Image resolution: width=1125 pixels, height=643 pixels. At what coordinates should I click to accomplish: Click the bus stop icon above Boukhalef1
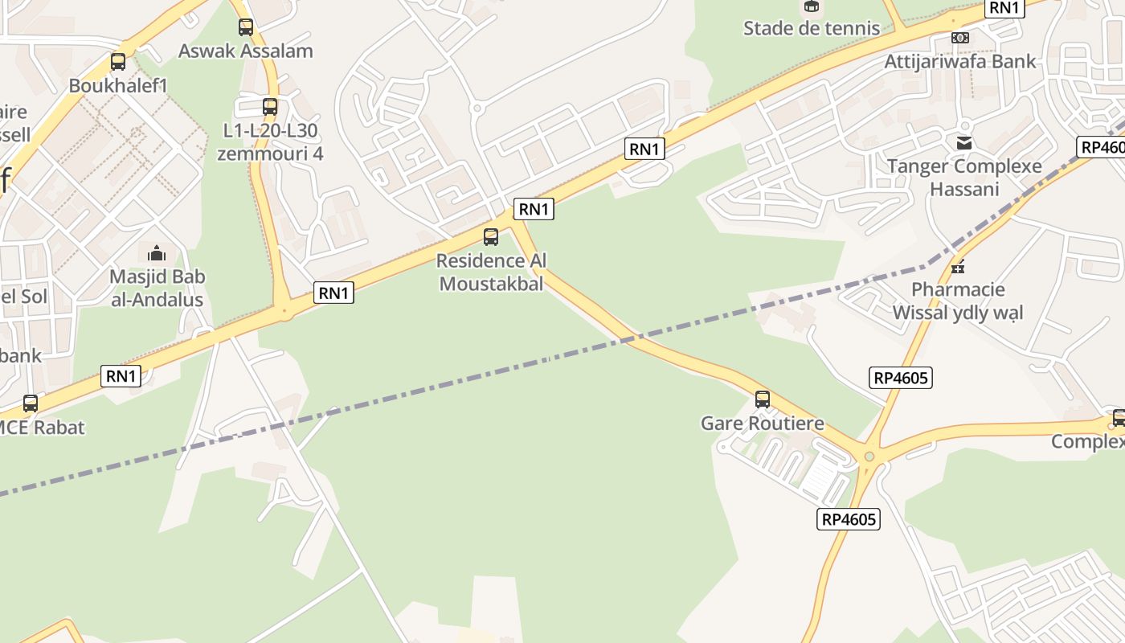coord(118,62)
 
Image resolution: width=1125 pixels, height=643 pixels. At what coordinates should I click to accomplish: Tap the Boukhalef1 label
coord(118,85)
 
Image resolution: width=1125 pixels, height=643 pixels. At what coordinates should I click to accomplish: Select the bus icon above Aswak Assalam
coord(246,27)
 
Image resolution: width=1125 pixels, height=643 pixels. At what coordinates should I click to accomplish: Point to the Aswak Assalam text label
coord(246,51)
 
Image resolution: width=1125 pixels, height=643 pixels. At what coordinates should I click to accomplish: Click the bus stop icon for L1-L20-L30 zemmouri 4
coord(270,107)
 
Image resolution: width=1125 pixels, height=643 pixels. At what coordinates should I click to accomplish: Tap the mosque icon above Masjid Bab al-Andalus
coord(157,254)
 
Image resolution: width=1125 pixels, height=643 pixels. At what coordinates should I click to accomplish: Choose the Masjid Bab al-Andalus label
coord(157,289)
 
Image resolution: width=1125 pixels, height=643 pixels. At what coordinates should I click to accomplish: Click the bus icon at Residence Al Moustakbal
coord(491,237)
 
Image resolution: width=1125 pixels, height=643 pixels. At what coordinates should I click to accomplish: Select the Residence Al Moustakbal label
coord(491,272)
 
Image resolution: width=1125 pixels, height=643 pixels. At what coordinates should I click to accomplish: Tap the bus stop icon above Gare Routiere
coord(762,399)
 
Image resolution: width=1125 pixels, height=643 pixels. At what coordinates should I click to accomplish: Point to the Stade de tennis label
coord(812,28)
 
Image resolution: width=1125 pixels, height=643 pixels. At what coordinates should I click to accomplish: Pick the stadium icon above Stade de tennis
coord(812,6)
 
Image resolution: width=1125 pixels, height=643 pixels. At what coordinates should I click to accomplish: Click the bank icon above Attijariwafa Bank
coord(960,38)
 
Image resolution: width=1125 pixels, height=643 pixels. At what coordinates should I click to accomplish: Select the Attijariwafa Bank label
coord(960,61)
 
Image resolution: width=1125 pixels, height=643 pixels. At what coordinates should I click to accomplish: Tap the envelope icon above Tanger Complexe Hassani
coord(964,143)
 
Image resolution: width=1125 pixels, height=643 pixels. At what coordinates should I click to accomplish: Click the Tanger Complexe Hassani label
coord(964,178)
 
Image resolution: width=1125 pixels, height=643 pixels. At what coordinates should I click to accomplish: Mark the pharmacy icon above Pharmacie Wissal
coord(958,266)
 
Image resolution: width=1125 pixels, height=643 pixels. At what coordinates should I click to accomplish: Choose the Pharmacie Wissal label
coord(958,301)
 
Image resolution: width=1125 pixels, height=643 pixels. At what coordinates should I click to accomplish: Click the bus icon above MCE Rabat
coord(31,403)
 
